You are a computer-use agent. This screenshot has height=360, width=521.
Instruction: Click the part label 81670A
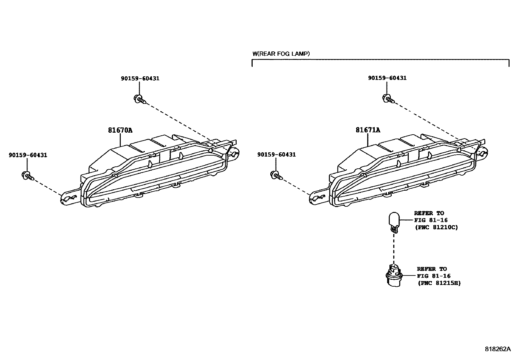click(120, 130)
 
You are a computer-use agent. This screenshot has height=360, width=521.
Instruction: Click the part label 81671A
click(368, 130)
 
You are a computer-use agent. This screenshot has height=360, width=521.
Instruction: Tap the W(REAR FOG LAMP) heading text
click(281, 53)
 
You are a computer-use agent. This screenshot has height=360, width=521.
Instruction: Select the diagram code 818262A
click(497, 349)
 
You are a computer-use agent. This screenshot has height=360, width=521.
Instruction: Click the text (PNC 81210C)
click(436, 227)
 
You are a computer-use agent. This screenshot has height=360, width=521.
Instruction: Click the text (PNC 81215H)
click(439, 283)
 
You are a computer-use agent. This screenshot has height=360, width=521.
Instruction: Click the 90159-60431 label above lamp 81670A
click(140, 78)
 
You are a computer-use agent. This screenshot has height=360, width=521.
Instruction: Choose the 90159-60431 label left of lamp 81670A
click(28, 155)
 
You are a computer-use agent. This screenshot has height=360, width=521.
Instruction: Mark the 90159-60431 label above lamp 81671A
click(387, 78)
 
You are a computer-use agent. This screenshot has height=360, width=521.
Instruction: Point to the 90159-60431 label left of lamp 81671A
click(276, 155)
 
